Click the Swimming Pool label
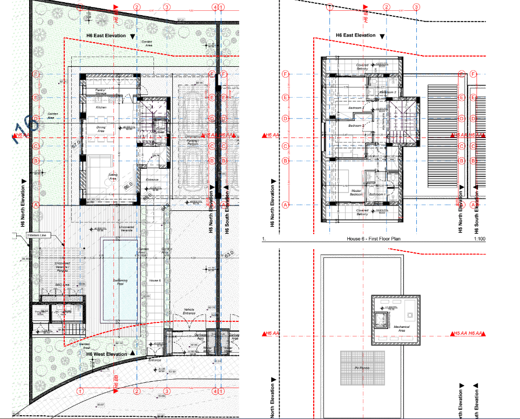click(x=120, y=282)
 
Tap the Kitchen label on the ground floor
click(x=101, y=108)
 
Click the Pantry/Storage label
click(x=101, y=92)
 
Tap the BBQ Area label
click(x=63, y=284)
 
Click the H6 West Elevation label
click(x=106, y=354)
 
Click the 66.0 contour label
click(x=129, y=187)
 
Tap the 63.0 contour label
click(x=229, y=253)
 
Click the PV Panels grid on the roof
click(x=361, y=368)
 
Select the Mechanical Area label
click(x=401, y=328)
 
